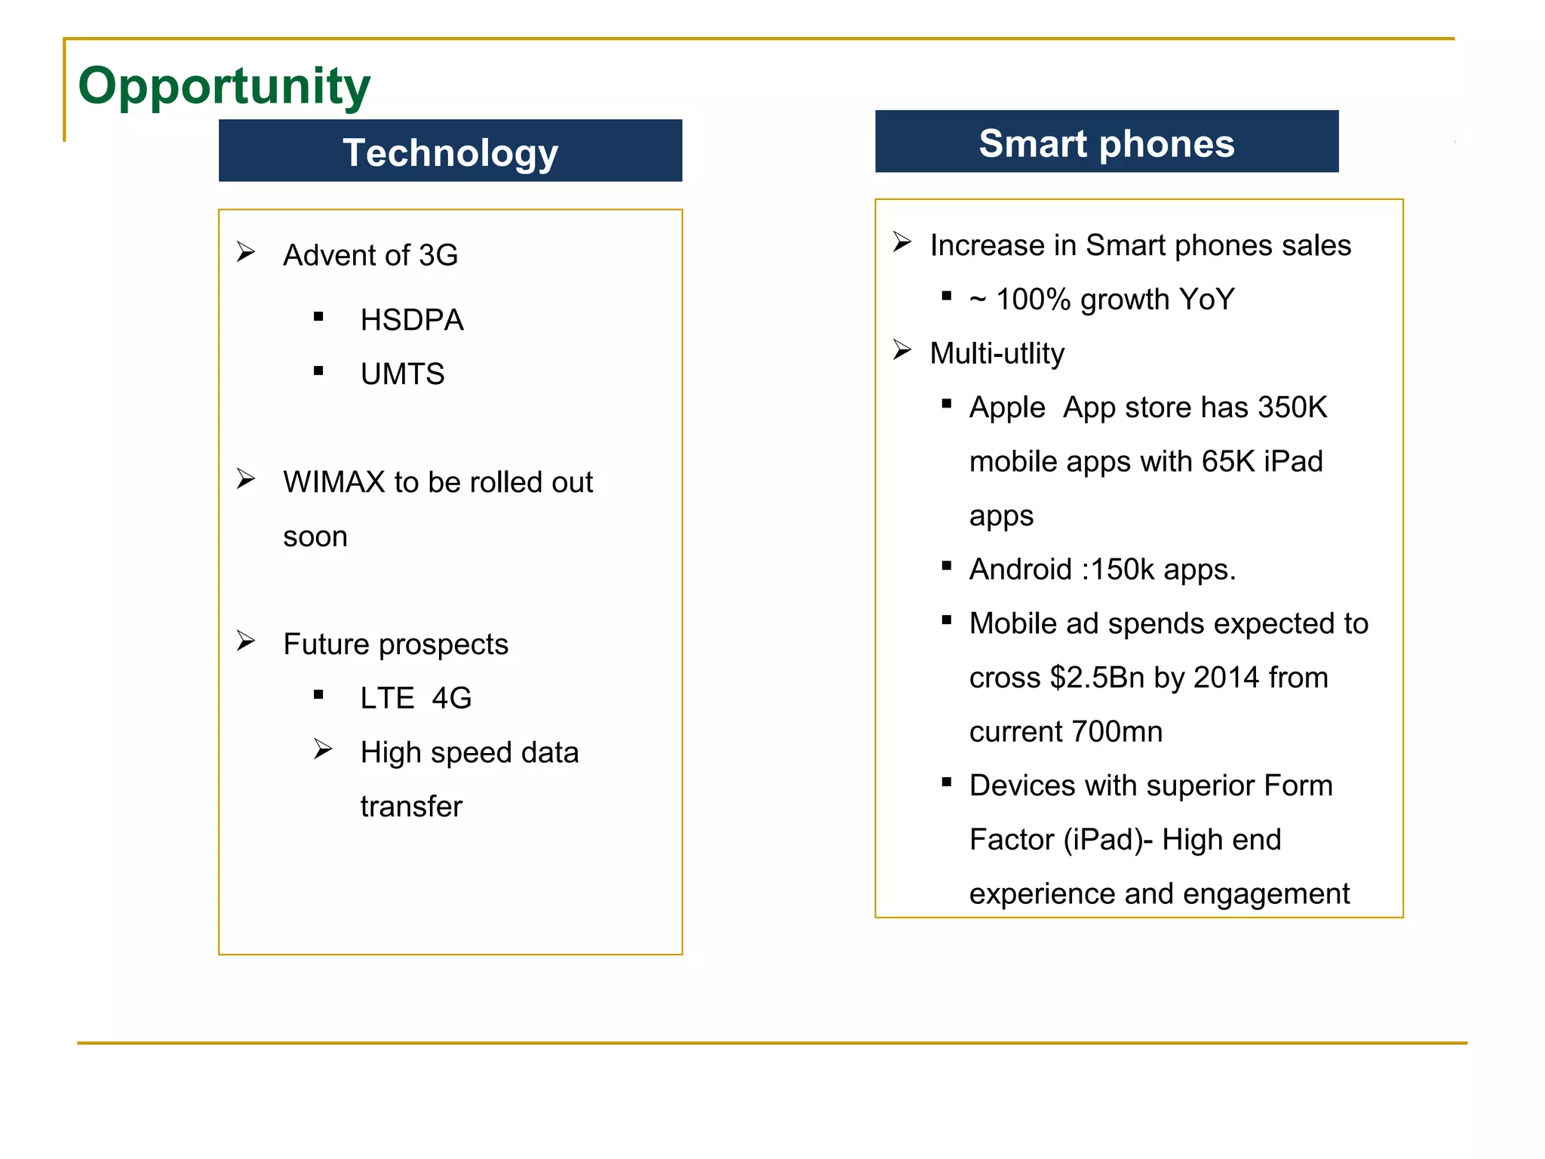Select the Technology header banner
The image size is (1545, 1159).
coord(450,152)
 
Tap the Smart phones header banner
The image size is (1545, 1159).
coord(1106,143)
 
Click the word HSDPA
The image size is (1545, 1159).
coord(412,320)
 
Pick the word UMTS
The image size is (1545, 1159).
coord(402,374)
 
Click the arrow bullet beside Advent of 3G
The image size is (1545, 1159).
coord(246,251)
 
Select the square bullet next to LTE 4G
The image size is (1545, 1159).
coord(318,695)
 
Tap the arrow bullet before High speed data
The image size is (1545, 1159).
coord(323,749)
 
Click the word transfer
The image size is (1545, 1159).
coord(411,807)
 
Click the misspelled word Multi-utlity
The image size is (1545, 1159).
coord(997,353)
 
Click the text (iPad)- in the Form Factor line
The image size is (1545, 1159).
coord(1107,840)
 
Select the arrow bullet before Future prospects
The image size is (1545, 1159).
coord(246,641)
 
